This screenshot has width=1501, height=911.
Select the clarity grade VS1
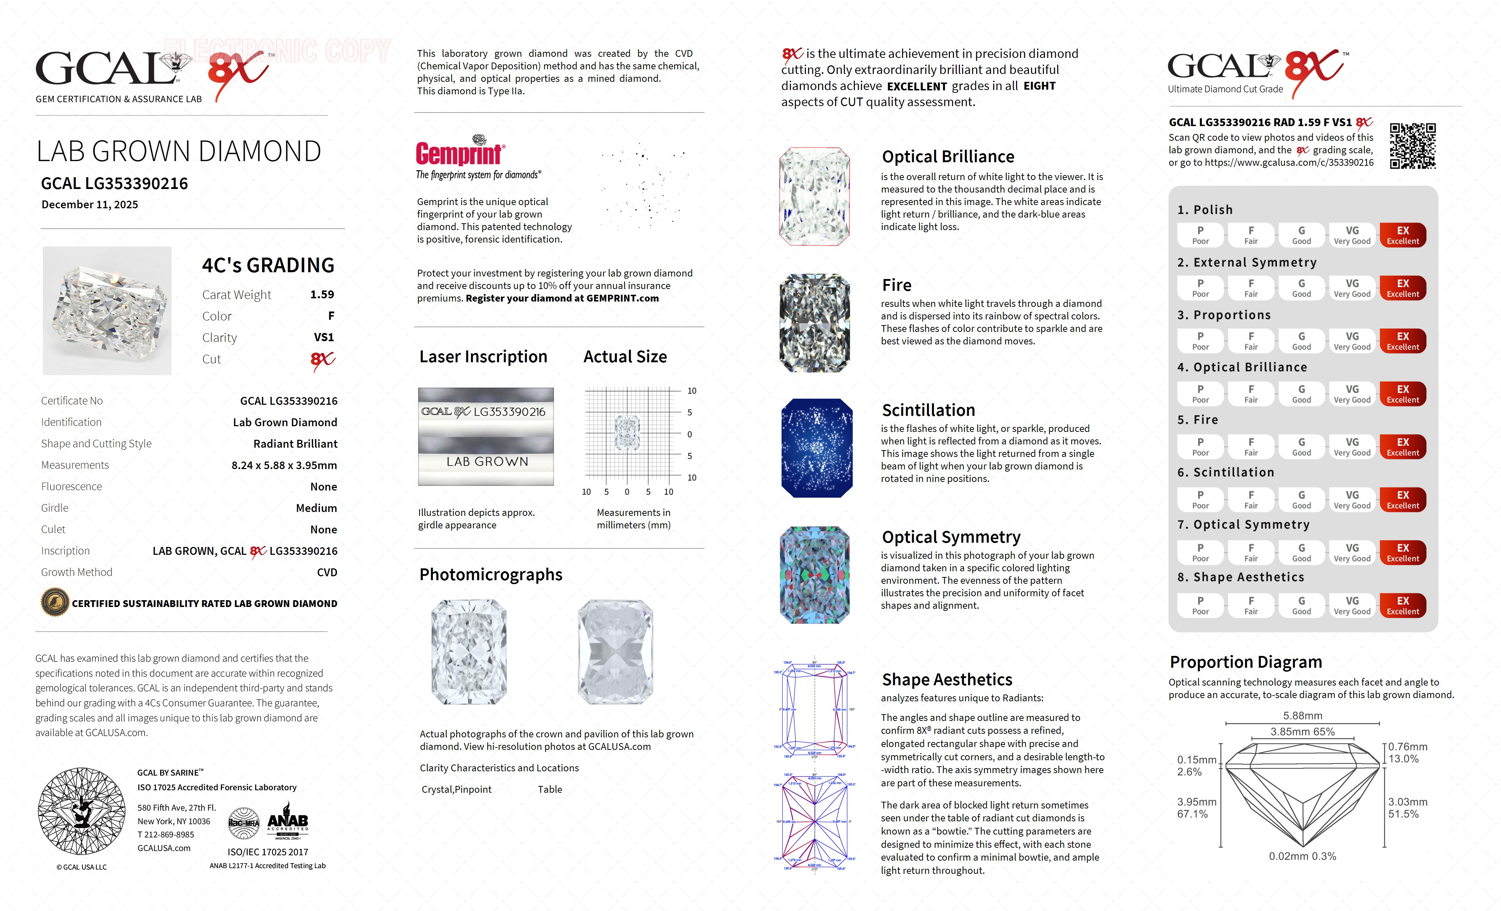click(323, 337)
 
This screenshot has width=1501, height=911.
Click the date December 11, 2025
click(90, 205)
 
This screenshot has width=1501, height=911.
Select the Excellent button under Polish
click(1402, 235)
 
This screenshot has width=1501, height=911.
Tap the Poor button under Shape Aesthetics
click(1200, 605)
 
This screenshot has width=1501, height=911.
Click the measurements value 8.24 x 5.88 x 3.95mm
click(284, 465)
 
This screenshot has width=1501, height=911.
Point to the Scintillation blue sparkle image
click(816, 448)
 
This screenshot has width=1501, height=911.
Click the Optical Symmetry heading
click(951, 537)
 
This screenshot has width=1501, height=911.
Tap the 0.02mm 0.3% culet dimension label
click(1302, 856)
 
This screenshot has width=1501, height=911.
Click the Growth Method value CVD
click(327, 572)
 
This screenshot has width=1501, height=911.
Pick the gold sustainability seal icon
click(55, 603)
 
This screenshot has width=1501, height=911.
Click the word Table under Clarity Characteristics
click(550, 789)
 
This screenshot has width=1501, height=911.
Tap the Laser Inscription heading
click(483, 357)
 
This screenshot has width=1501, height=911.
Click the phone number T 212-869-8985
click(166, 834)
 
